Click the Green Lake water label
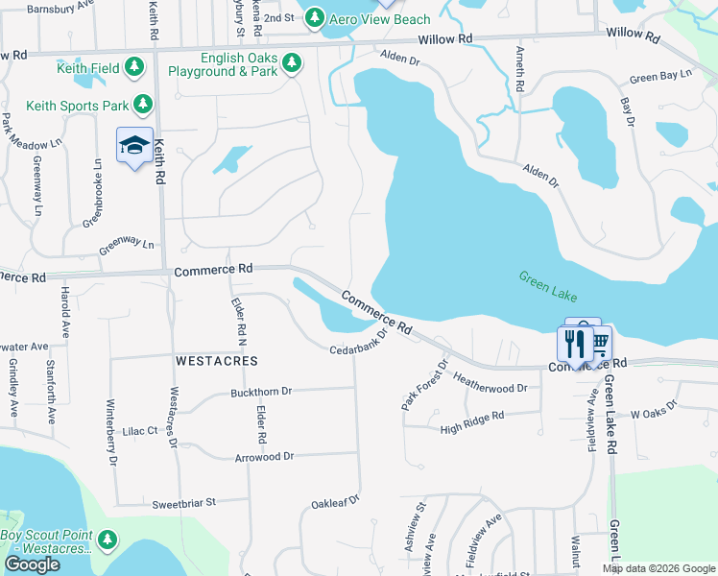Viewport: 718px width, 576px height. coord(549,283)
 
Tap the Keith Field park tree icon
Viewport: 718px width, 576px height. coord(135,66)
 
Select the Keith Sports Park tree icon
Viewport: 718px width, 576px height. coord(143,103)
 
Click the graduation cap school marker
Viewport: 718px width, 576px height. coord(134,146)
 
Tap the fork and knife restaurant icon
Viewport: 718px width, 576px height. coord(574,343)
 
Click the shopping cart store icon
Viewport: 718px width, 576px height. coord(599,342)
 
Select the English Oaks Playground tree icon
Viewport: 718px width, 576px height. coord(292,64)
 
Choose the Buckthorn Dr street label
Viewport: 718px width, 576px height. coord(260,393)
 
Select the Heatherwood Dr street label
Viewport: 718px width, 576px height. coord(490,381)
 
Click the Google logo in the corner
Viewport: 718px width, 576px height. coord(32,564)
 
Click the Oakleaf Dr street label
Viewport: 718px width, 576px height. coord(334,501)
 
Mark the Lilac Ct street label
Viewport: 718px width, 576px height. coord(139,432)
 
